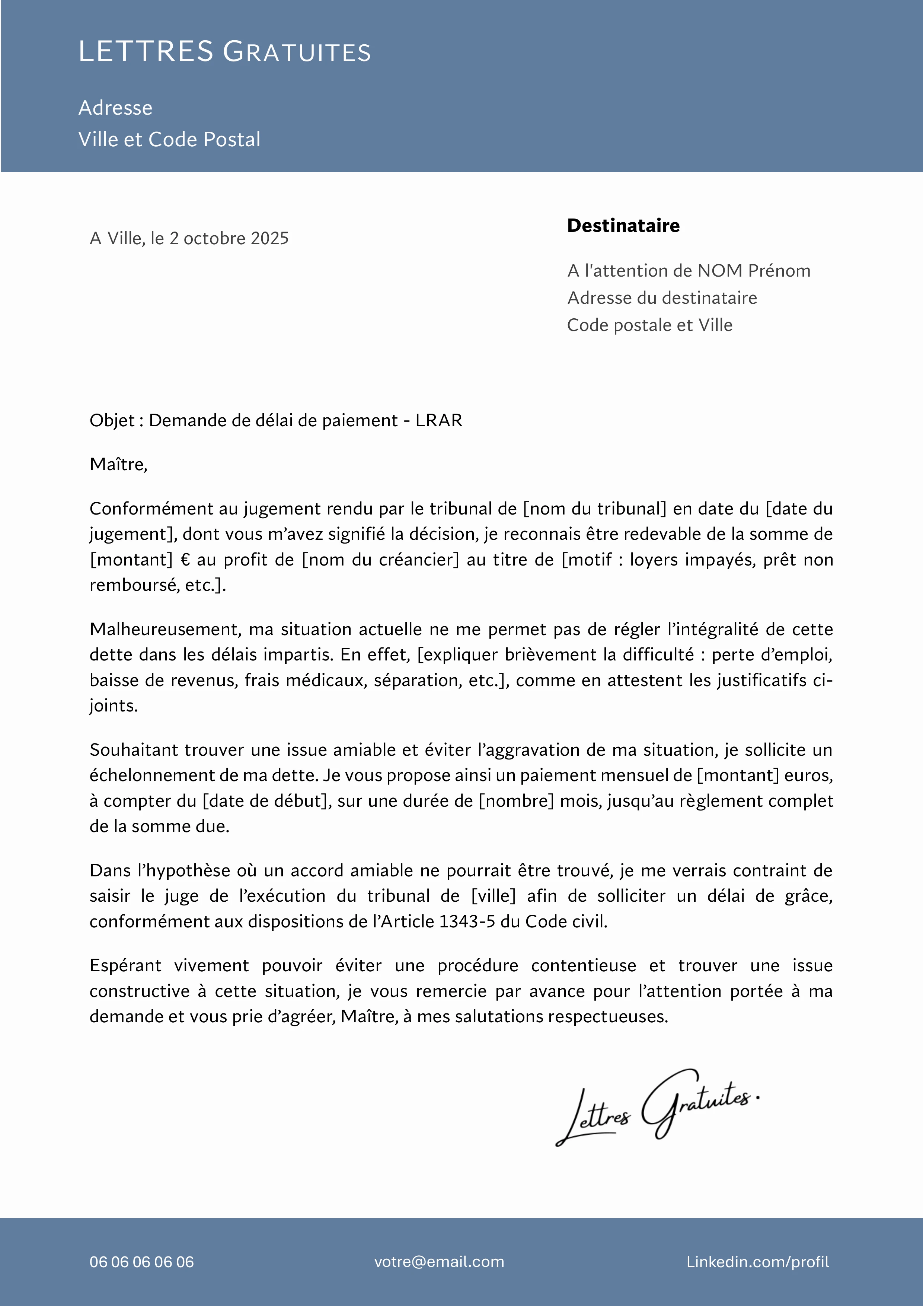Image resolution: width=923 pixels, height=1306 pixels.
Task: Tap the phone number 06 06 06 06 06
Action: pos(141,1262)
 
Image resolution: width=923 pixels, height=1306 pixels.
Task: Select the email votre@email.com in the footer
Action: pos(439,1262)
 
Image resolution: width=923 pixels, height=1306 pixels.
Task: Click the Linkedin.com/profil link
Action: pos(757,1262)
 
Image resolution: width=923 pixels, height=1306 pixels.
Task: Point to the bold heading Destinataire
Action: pos(623,226)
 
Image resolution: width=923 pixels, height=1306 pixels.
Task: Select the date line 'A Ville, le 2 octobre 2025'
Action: pos(189,238)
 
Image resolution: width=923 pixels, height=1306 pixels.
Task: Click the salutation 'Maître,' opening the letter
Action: pos(118,465)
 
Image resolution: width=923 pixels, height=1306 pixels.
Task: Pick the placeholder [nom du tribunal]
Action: pos(594,509)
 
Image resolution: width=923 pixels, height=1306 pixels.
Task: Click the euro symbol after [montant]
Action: pos(185,560)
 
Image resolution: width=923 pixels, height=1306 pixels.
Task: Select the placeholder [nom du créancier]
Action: pos(380,560)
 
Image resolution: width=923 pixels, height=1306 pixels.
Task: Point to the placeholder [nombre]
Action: pos(516,801)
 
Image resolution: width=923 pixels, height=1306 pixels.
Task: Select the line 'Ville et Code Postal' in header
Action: pos(169,139)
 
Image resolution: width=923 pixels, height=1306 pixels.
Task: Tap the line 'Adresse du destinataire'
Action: pos(662,298)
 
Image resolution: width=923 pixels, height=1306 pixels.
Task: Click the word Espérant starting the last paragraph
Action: pos(125,965)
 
